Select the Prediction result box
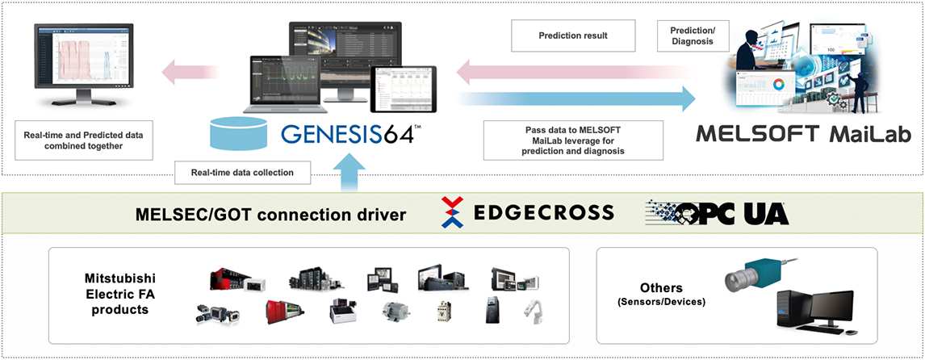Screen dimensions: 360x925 click(572, 36)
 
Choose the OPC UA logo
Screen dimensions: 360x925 click(717, 212)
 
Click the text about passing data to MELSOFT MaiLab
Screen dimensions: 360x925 click(572, 140)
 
